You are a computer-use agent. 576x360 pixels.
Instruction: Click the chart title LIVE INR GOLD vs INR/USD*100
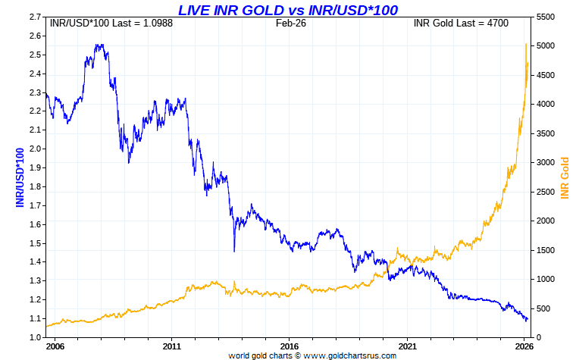pyautogui.click(x=287, y=9)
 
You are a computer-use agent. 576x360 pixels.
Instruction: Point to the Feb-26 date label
pyautogui.click(x=290, y=23)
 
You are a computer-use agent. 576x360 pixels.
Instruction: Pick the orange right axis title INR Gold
pyautogui.click(x=565, y=178)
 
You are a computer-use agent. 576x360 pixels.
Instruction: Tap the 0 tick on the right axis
pyautogui.click(x=537, y=337)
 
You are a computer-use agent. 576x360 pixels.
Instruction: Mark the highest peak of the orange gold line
pyautogui.click(x=526, y=44)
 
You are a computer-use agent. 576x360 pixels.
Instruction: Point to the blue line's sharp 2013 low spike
pyautogui.click(x=234, y=251)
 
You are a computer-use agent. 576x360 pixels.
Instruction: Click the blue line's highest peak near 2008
pyautogui.click(x=99, y=45)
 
